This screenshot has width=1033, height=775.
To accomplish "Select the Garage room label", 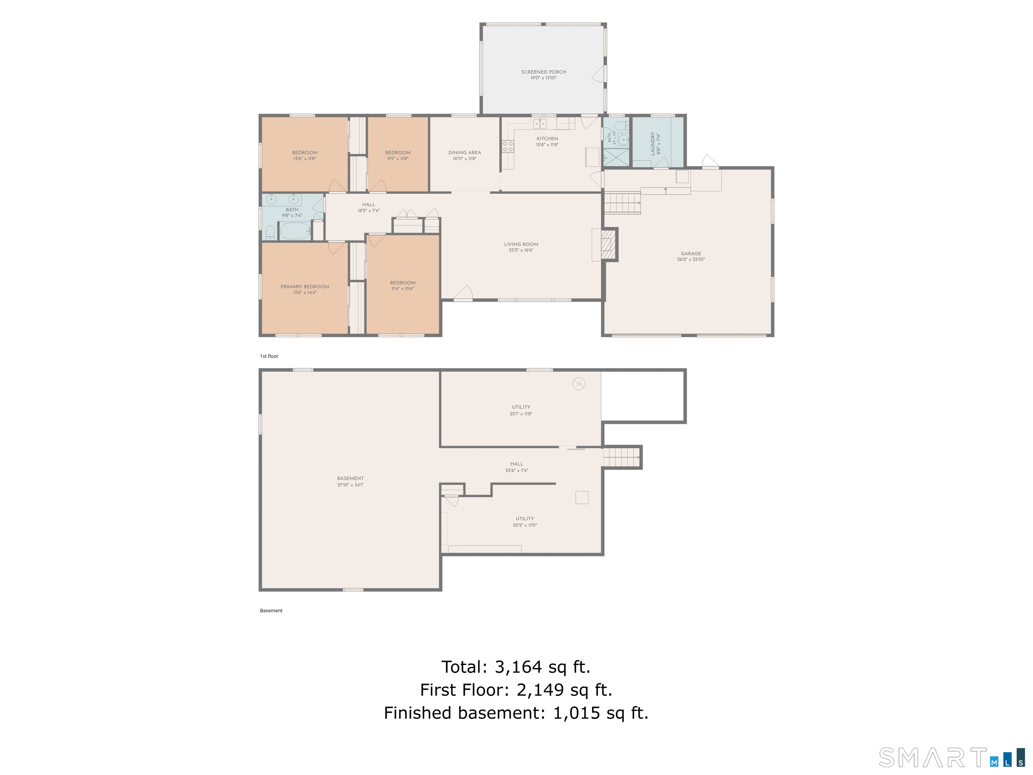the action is (x=691, y=254).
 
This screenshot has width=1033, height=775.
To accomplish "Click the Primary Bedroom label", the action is (x=304, y=287).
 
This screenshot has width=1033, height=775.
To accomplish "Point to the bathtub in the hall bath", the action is (x=295, y=231).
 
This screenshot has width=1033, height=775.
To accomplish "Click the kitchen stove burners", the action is (x=508, y=146).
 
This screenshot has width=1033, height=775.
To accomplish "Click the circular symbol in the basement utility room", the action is (x=579, y=383).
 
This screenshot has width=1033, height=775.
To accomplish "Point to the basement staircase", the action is (x=621, y=457).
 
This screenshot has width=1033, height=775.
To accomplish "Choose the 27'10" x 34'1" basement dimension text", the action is (x=350, y=485).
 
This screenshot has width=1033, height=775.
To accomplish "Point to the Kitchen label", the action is (x=547, y=139).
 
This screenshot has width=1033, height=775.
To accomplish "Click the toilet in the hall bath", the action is (x=270, y=233).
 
